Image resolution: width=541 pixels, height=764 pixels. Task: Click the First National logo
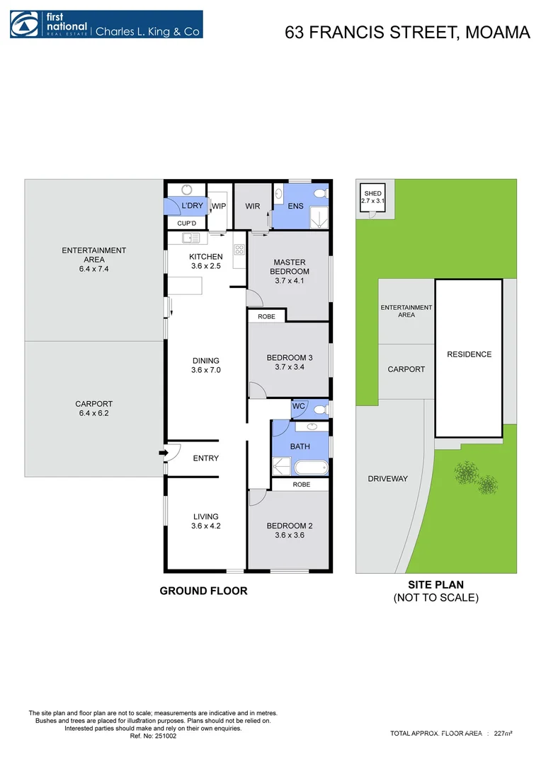tap(106, 24)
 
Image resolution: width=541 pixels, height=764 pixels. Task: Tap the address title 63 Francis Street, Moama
tap(407, 32)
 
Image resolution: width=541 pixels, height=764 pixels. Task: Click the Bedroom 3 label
tap(289, 362)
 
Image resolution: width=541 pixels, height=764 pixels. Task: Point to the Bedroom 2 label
tap(289, 531)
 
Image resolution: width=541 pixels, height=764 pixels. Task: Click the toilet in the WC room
tap(319, 408)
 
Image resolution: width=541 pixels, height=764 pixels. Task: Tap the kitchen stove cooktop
tap(239, 250)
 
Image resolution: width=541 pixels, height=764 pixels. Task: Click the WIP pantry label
tap(219, 206)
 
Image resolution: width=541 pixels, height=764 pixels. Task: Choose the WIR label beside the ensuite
tap(253, 206)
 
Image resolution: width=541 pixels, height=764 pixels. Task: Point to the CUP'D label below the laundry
tap(186, 223)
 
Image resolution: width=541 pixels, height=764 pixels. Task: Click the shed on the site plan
tap(372, 197)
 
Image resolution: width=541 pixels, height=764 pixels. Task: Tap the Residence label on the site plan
tap(469, 354)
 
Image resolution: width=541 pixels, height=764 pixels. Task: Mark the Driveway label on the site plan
tap(387, 479)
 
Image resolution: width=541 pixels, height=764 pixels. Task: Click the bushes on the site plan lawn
tap(475, 477)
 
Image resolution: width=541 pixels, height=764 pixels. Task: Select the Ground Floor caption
tap(203, 591)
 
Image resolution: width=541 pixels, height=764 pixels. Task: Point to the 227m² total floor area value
tap(503, 734)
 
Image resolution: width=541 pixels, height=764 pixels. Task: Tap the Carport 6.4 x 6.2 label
tap(94, 409)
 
